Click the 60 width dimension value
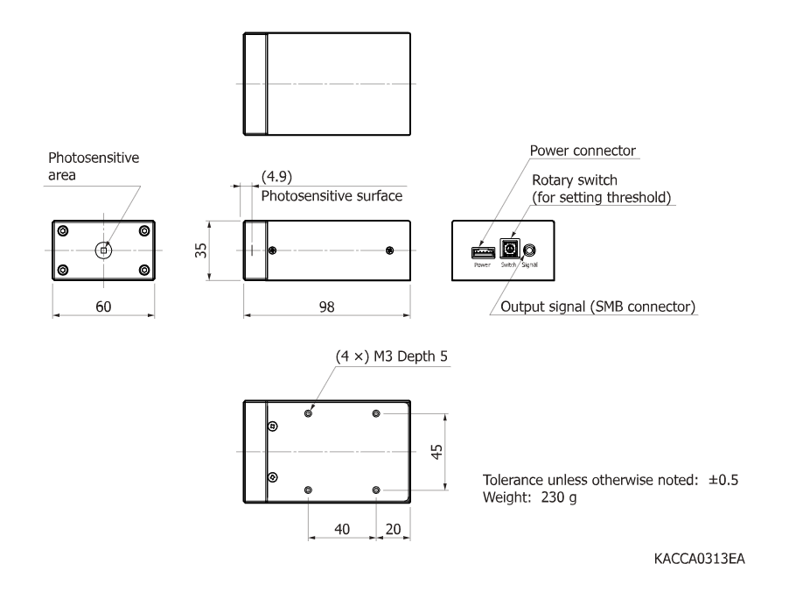point(103,307)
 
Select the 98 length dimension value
point(326,307)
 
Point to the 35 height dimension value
point(200,250)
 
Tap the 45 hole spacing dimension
point(436,452)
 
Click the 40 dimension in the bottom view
point(342,529)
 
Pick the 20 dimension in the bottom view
point(393,529)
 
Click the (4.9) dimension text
point(277,176)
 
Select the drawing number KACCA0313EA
point(700,559)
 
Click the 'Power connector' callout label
point(583,151)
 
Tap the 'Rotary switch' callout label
point(575,180)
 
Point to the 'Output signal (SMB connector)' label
point(597,307)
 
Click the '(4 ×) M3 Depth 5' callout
point(392,356)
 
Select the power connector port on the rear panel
point(483,252)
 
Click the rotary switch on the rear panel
point(510,249)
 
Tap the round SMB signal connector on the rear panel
point(529,250)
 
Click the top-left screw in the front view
point(63,230)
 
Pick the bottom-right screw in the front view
point(144,270)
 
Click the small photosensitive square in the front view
point(103,250)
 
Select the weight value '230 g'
point(559,497)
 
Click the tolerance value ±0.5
point(723,480)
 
